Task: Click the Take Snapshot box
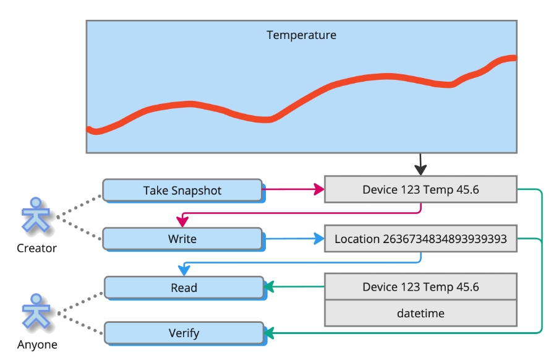182,191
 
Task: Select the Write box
182,239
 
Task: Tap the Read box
184,288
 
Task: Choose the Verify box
184,333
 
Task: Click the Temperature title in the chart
301,35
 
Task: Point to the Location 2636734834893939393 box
420,239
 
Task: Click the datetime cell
420,313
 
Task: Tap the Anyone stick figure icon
36,312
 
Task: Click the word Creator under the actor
36,249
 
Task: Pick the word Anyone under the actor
37,345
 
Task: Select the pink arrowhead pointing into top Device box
319,189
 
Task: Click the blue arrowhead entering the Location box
319,238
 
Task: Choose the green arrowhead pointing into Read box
269,287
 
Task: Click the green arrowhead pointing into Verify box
269,333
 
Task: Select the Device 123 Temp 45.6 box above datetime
420,287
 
